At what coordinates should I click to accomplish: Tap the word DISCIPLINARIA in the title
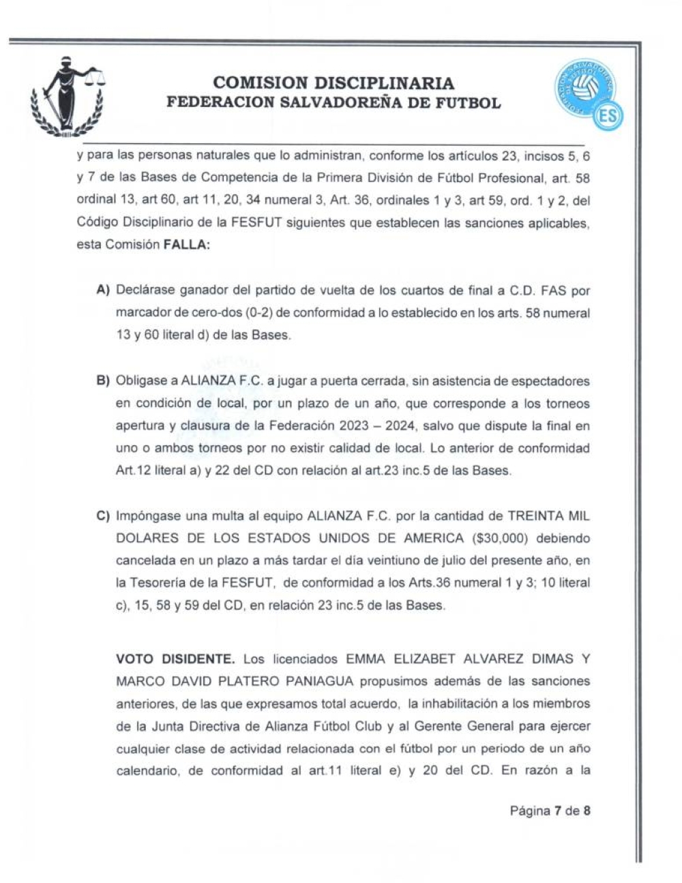tap(385, 83)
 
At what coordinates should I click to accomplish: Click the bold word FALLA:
tap(186, 245)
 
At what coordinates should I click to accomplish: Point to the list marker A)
tap(104, 290)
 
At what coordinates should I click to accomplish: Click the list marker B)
tap(104, 381)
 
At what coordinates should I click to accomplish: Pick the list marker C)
tap(104, 516)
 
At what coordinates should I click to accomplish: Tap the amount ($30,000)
tap(499, 539)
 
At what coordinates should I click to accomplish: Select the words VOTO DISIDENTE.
tap(175, 659)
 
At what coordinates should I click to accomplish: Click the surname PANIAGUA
tap(321, 681)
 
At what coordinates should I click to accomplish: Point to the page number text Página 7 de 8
tap(550, 811)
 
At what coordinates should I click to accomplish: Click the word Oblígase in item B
tap(138, 381)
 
